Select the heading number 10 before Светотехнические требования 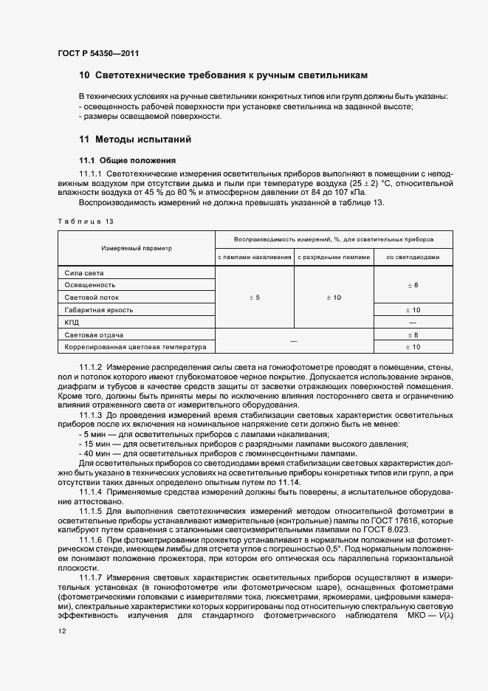point(84,76)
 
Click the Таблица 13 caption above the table point(86,221)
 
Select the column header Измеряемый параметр point(137,249)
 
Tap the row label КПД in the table point(72,323)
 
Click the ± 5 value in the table point(255,297)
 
